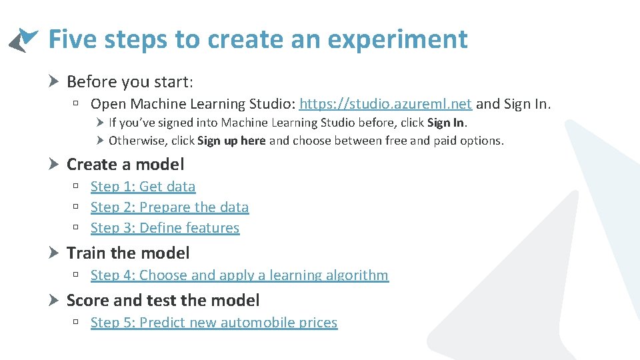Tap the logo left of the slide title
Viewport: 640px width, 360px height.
point(23,40)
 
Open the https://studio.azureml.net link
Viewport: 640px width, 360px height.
point(385,103)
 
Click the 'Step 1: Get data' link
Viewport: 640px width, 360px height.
point(143,187)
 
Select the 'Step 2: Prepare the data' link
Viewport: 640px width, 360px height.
point(169,207)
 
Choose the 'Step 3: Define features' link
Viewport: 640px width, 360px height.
point(165,228)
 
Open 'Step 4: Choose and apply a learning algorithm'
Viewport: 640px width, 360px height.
point(239,275)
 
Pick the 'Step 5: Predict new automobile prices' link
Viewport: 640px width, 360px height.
point(214,323)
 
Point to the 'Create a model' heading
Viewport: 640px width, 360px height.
point(125,164)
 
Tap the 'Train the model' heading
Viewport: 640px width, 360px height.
point(128,253)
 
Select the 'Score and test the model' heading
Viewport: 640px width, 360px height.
point(163,301)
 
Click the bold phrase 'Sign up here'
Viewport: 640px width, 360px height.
point(231,141)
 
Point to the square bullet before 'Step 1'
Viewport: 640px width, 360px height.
point(77,187)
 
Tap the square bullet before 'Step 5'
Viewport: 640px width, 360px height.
point(77,323)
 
